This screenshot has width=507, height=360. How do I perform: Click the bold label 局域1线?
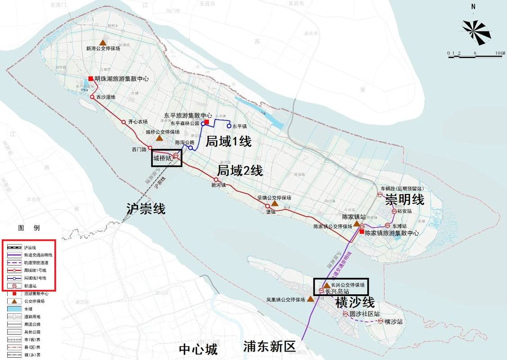[x=228, y=142]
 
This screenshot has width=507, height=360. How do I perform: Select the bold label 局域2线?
[x=240, y=171]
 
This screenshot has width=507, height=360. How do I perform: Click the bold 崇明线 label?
[x=404, y=199]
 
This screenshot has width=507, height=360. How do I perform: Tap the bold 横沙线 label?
[x=355, y=302]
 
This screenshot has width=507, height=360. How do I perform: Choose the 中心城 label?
[x=198, y=349]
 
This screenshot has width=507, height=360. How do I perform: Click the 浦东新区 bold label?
[x=269, y=346]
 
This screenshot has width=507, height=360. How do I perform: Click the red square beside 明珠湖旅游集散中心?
[x=91, y=79]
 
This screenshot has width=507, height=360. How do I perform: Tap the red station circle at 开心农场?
[x=123, y=122]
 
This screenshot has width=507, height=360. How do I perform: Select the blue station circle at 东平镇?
[x=229, y=126]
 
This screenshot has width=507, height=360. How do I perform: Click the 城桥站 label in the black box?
[x=163, y=158]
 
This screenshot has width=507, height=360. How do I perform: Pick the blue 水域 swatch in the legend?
[x=15, y=309]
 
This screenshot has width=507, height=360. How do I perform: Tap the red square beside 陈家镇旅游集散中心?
[x=362, y=232]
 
